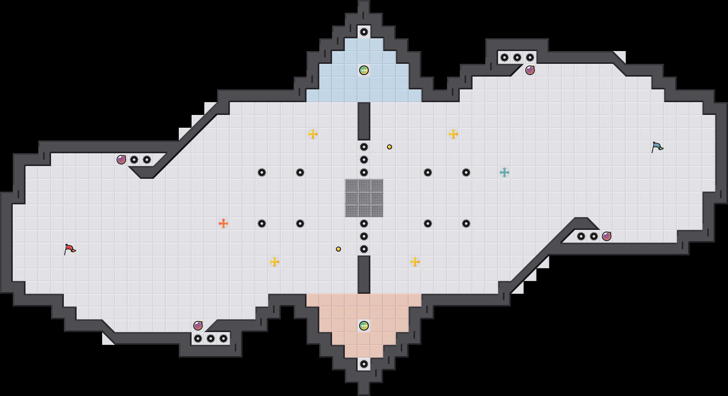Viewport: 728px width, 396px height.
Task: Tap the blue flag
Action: [657, 147]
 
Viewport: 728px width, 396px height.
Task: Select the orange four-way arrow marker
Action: [224, 224]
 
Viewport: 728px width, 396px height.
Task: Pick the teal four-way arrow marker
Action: [504, 172]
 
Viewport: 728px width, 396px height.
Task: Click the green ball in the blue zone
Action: [364, 70]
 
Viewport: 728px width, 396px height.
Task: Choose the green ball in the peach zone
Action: [364, 326]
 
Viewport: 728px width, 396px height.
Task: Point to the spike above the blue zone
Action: [364, 32]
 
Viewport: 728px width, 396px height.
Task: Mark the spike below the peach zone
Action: [364, 364]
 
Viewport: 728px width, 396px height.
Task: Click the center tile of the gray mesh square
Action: [364, 198]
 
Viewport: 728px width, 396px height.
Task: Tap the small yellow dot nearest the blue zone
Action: [390, 147]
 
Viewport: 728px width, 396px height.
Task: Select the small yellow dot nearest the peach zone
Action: [338, 249]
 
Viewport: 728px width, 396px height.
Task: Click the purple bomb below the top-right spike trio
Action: [530, 70]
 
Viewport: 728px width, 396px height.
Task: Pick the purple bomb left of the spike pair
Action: [121, 160]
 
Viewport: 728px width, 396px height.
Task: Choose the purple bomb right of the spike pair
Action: [607, 236]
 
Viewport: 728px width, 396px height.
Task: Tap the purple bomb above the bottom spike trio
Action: [198, 326]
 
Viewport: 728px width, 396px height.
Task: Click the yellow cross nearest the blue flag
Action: [453, 134]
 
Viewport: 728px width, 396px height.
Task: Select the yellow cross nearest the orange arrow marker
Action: [275, 262]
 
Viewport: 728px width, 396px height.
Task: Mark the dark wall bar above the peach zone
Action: [364, 275]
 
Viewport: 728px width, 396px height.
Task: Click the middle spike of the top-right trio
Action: [517, 57]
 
